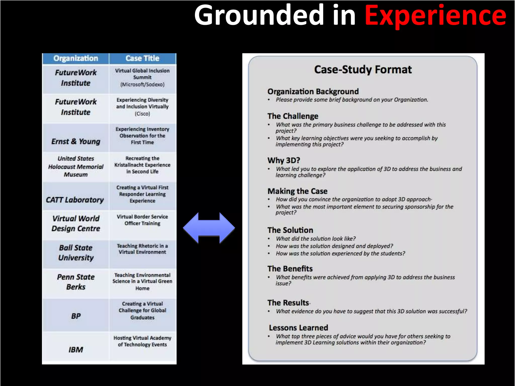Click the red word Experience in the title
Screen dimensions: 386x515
(x=435, y=16)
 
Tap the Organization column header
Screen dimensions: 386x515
(x=76, y=58)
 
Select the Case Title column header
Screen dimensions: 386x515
(x=142, y=58)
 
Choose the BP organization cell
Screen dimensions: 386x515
(x=76, y=316)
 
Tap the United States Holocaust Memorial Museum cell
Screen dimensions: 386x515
(x=76, y=166)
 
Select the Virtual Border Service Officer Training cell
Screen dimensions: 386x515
(x=142, y=220)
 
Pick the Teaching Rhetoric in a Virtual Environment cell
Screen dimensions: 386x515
(x=142, y=249)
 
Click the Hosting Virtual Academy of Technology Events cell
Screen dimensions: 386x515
(x=142, y=341)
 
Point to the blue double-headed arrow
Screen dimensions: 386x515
(x=209, y=228)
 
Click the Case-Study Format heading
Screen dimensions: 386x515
(x=363, y=70)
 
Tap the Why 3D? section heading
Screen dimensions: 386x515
(x=284, y=160)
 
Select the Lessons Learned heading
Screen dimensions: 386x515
(x=298, y=328)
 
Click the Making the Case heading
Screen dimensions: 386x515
(x=297, y=191)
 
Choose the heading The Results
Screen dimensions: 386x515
(x=288, y=303)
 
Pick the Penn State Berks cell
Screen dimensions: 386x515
(x=76, y=282)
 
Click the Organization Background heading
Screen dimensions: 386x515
(x=313, y=91)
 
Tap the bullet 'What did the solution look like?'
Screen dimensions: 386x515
(x=316, y=239)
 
